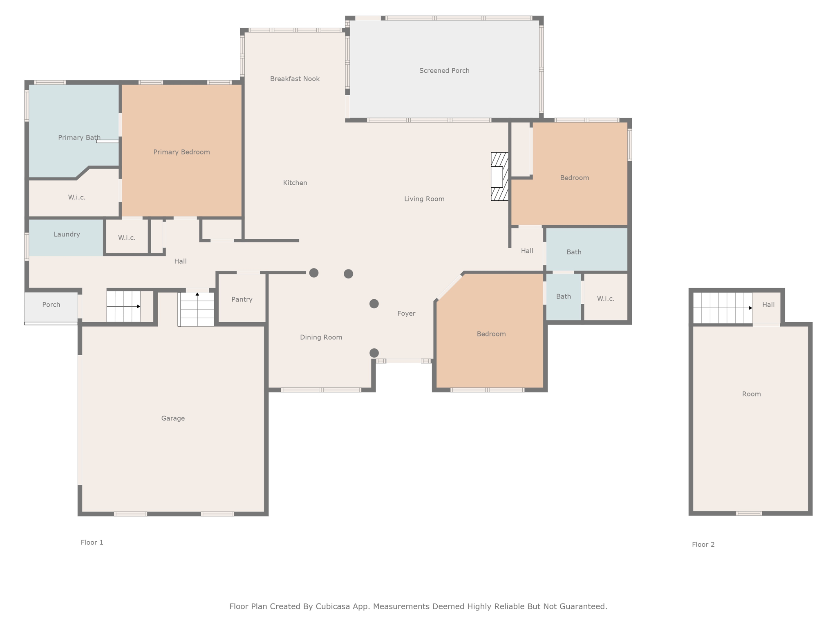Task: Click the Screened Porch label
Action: coord(444,71)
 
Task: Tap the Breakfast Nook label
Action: coord(295,79)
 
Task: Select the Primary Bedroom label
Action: coord(181,152)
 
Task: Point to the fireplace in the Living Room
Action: coord(499,177)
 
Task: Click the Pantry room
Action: coord(242,298)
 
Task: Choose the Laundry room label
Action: coord(67,234)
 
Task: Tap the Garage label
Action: coord(173,418)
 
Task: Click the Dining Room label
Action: coord(321,337)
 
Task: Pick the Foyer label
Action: coord(406,314)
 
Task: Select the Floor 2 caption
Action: coord(703,545)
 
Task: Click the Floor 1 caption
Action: coord(92,543)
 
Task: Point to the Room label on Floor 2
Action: coord(751,394)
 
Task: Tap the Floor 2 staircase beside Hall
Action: coord(723,308)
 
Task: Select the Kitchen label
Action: coord(295,183)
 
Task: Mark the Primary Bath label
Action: coord(79,138)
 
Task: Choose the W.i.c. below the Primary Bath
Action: coord(77,197)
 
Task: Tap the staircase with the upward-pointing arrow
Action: coord(197,309)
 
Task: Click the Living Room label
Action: coord(424,199)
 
